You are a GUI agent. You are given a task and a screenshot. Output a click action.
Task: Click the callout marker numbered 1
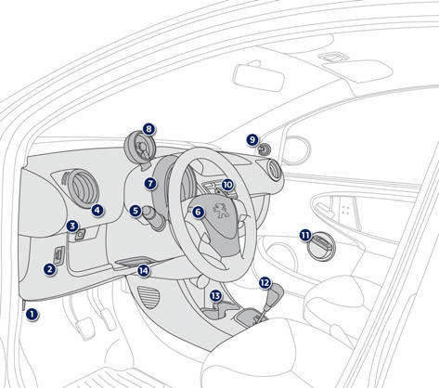tap(32, 315)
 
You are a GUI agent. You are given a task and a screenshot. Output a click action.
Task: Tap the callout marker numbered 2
tap(49, 269)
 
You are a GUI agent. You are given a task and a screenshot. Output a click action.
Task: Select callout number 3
tap(72, 226)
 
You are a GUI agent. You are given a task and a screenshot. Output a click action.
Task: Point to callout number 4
tap(97, 211)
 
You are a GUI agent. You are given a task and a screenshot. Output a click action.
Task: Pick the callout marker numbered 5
tap(136, 211)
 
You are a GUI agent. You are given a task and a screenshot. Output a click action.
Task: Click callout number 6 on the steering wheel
tap(198, 212)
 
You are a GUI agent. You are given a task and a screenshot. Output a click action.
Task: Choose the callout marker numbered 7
tap(150, 184)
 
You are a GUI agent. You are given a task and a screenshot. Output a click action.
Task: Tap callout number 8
tap(148, 129)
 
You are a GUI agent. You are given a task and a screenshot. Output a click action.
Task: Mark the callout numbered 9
tap(252, 140)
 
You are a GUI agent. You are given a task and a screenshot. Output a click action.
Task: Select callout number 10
tap(227, 185)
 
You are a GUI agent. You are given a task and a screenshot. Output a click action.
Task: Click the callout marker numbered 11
tap(305, 236)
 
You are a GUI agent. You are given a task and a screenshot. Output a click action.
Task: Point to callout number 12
tap(265, 282)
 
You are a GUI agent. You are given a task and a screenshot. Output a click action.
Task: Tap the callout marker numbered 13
tap(215, 296)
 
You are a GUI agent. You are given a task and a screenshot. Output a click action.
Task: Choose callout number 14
tap(144, 271)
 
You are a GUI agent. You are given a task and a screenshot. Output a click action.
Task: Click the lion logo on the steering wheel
tap(221, 211)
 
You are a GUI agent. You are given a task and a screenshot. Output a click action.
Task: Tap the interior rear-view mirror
tap(258, 78)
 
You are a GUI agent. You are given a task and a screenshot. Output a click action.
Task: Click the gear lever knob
tap(275, 293)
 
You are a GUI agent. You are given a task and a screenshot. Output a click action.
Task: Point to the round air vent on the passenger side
tap(274, 169)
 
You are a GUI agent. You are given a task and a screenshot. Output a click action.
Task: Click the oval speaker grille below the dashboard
tap(148, 297)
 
